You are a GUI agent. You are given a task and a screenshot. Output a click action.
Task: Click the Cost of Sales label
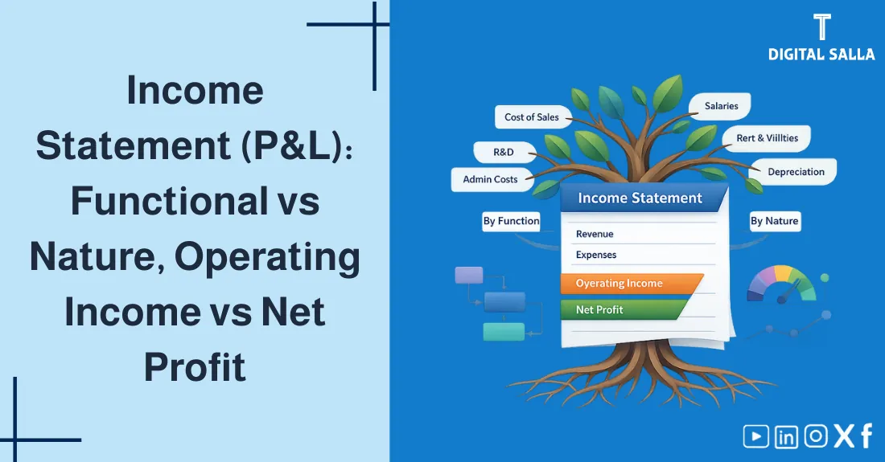point(531,117)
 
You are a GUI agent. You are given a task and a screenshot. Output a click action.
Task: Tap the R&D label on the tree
point(504,151)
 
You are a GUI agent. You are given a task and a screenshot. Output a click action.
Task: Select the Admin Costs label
point(490,179)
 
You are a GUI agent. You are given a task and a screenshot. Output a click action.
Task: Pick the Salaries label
point(721,106)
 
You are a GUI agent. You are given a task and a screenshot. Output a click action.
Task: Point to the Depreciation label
point(796,172)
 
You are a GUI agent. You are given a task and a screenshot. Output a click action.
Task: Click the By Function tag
point(511,221)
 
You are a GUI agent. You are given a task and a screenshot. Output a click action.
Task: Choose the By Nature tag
point(775,221)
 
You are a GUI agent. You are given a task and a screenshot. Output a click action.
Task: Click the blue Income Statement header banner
point(640,198)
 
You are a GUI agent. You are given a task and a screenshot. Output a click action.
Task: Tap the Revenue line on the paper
point(595,234)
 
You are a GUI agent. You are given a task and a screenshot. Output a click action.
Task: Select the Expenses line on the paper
point(596,255)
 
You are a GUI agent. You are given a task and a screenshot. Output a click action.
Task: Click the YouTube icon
point(755,436)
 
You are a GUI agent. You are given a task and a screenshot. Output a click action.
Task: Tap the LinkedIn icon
point(786,436)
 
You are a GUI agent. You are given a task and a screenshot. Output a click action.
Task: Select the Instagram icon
point(816,436)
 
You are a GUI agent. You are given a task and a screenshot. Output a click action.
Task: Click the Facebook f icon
point(866,435)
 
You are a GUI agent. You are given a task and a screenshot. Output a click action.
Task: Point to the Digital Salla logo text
point(821,55)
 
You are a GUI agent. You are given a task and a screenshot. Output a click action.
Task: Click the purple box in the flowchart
point(469,276)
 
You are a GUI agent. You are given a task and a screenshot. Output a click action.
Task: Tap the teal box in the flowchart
point(503,331)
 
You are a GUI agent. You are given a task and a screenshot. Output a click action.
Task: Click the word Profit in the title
point(195,368)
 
